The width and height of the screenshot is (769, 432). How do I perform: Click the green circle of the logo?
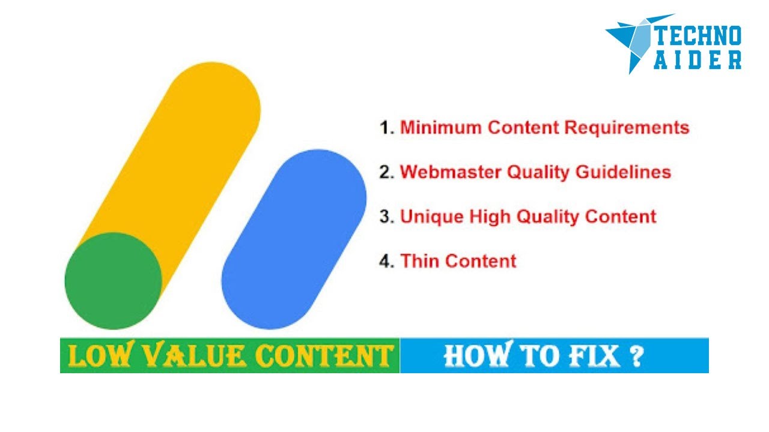point(113,281)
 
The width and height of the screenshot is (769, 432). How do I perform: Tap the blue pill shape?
point(294,239)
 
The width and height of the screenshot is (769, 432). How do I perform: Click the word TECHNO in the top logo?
point(698,37)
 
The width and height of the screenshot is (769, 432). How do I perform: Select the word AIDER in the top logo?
point(698,61)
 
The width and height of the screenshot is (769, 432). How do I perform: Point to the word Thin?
point(420,261)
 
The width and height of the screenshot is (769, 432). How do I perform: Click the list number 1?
point(385,128)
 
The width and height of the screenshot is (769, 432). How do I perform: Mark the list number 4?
point(385,261)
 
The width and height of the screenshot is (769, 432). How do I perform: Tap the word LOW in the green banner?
point(96,356)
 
